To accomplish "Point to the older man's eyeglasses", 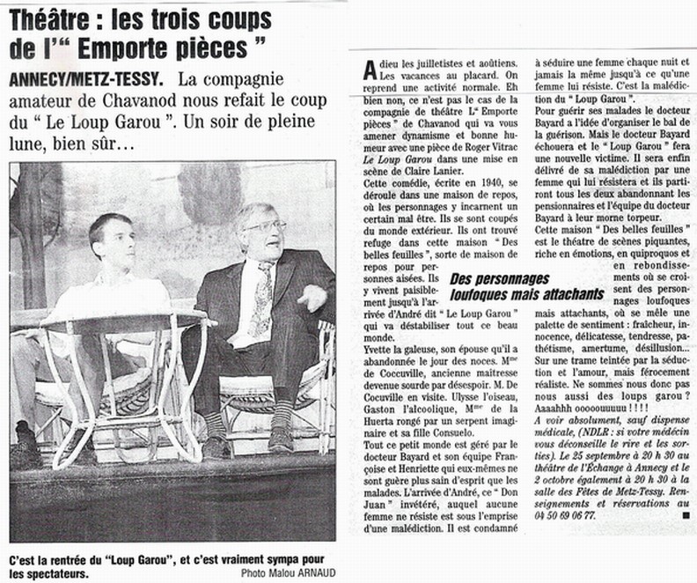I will click(265, 226).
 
